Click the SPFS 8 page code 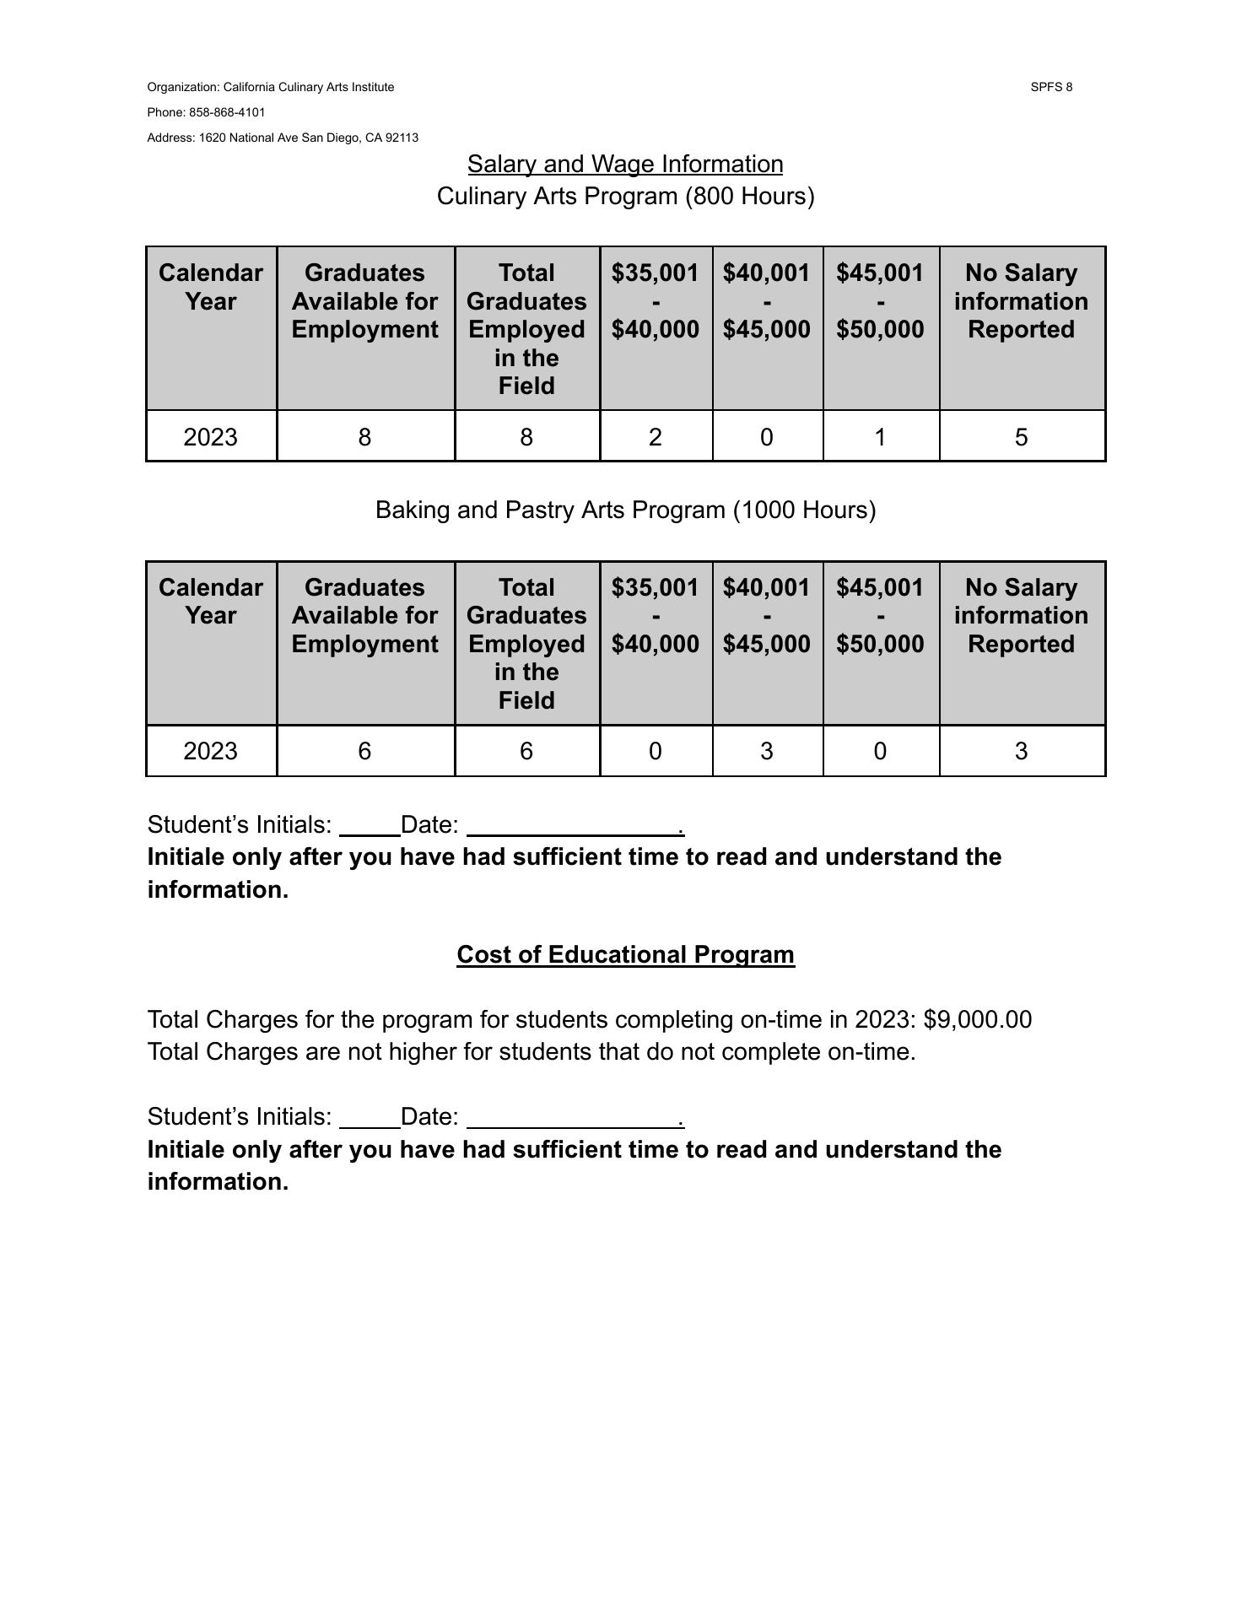(1050, 87)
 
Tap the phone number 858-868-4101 (226, 112)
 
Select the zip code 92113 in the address (402, 138)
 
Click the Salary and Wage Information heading (624, 164)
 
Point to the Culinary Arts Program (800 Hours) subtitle (624, 196)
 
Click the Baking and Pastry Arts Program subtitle (624, 510)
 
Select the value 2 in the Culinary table (655, 437)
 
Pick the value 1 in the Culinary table (880, 437)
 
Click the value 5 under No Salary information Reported (1021, 437)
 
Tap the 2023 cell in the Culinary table (210, 437)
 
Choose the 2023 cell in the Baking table (210, 751)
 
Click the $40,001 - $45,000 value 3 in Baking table (766, 751)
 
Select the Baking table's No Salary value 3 (1021, 751)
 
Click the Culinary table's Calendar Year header (210, 287)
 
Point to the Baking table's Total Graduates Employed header (526, 643)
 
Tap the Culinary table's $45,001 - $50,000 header (880, 301)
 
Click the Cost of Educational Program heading (625, 954)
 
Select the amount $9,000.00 (977, 1019)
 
